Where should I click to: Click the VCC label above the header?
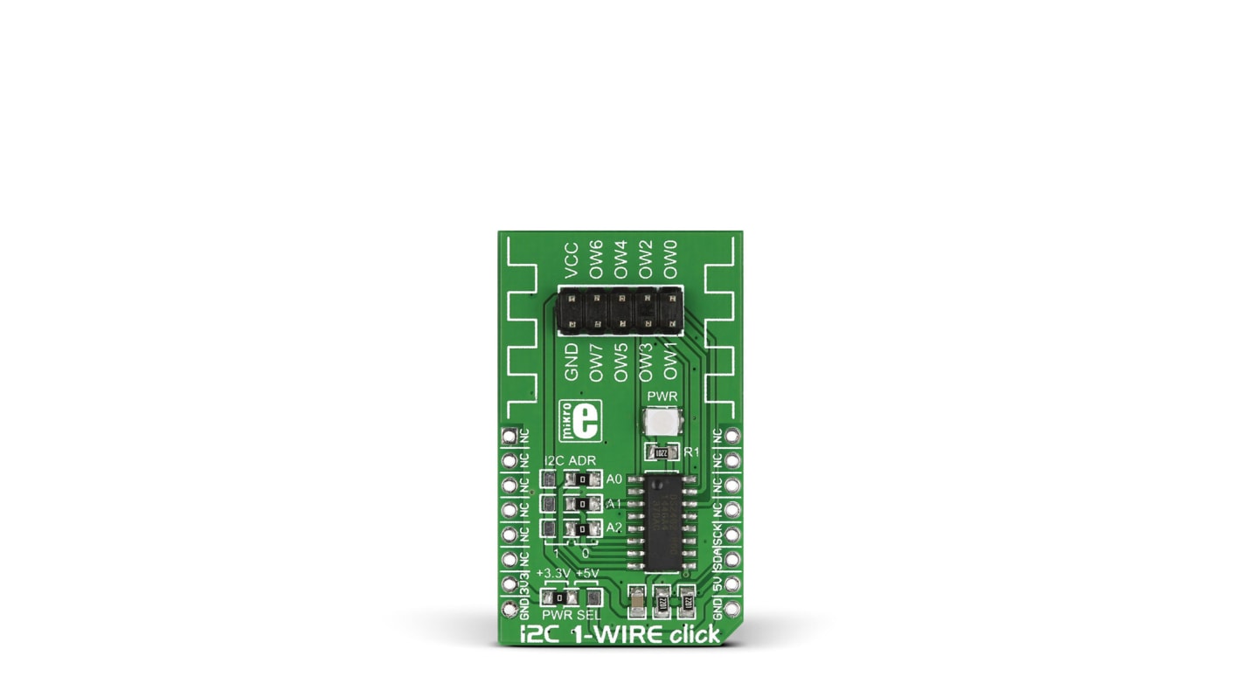(x=572, y=261)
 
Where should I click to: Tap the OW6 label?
(x=596, y=259)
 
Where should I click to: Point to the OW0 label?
(x=670, y=259)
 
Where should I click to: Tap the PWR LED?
(x=662, y=424)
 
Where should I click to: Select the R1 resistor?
(x=662, y=452)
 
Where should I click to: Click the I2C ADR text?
(x=570, y=461)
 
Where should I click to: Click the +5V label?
(x=589, y=574)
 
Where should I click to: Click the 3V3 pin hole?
(x=508, y=582)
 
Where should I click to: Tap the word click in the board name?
(x=695, y=634)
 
